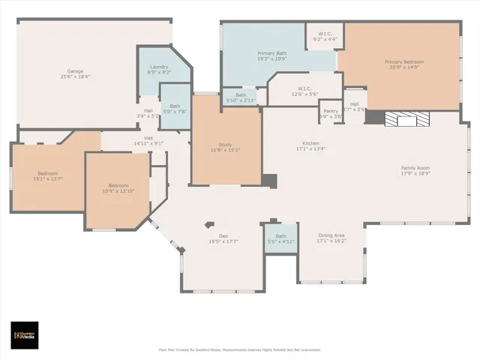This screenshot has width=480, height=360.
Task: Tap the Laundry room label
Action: (x=159, y=67)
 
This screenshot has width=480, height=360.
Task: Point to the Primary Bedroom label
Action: (x=404, y=61)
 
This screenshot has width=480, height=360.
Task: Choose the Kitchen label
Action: (x=310, y=143)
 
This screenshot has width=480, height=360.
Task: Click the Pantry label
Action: (x=331, y=110)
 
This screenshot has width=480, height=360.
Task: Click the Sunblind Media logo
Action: (x=25, y=335)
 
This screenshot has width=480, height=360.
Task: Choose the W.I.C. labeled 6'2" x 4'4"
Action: (x=325, y=36)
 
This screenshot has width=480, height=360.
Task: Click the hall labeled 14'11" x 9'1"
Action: (x=148, y=140)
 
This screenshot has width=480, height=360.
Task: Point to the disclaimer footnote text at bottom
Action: (x=239, y=349)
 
